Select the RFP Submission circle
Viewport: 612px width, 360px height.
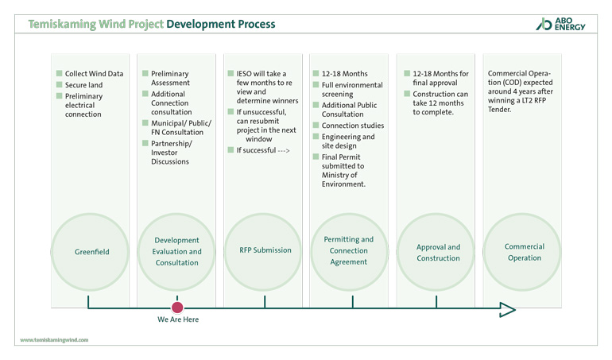[x=265, y=250]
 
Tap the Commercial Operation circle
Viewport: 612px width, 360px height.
[x=525, y=252]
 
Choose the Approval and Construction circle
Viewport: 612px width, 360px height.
[x=438, y=252]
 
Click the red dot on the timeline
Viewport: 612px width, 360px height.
[x=177, y=307]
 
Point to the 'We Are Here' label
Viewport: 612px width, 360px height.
[x=177, y=319]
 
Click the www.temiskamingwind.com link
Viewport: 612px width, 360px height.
[x=53, y=339]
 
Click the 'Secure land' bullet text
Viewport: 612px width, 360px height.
[x=84, y=85]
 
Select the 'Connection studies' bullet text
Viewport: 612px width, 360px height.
[x=353, y=126]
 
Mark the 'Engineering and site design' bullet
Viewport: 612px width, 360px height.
[x=348, y=141]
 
